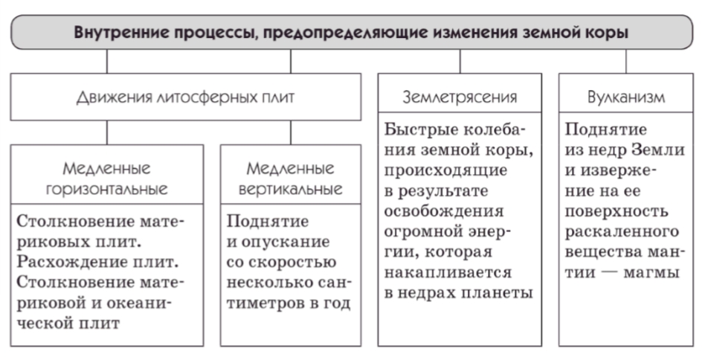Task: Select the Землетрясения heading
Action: tap(460, 97)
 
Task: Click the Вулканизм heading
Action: tap(626, 97)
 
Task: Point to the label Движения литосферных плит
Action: tap(185, 97)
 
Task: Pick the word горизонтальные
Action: tap(107, 189)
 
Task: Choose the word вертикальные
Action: tap(291, 189)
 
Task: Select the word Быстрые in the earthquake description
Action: tap(420, 129)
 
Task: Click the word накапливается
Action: tap(448, 273)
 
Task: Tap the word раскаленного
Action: tap(622, 232)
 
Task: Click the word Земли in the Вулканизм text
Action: tap(658, 150)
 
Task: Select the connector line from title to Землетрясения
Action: tap(460, 61)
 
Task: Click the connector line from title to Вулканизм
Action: tap(626, 61)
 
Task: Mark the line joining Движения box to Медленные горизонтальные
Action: tap(107, 132)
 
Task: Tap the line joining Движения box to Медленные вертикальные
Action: tap(291, 132)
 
